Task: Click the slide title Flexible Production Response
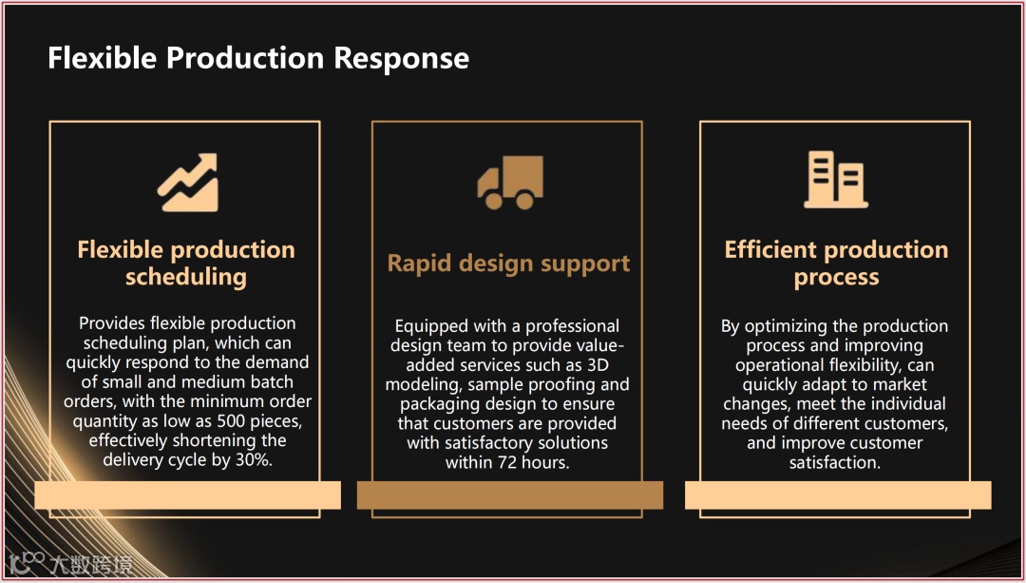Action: tap(258, 58)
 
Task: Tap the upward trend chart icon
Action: tap(187, 182)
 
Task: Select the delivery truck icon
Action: tap(509, 183)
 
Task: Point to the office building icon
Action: tap(836, 180)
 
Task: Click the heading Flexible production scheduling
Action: tap(186, 263)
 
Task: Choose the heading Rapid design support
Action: tap(508, 263)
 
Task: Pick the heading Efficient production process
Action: tap(836, 263)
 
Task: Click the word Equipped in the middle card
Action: tap(429, 326)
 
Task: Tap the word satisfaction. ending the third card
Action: tap(835, 463)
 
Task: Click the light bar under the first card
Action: tap(187, 495)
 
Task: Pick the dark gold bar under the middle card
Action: tap(509, 495)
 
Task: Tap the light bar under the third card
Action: tap(837, 495)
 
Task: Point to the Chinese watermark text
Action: tap(91, 563)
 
